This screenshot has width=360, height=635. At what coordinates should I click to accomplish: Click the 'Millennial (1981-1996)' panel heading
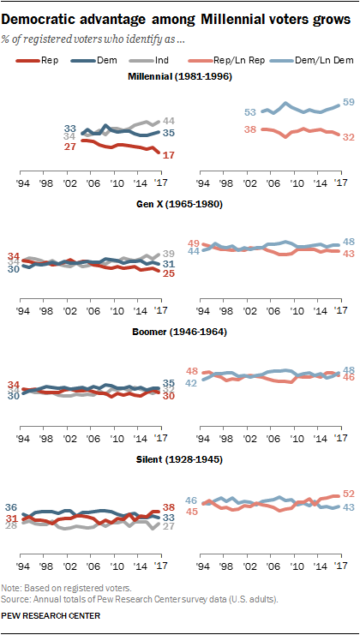pyautogui.click(x=179, y=78)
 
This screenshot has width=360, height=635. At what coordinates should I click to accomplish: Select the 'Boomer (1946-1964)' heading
pyautogui.click(x=179, y=335)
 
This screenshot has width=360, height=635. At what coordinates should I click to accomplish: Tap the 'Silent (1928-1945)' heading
pyautogui.click(x=179, y=460)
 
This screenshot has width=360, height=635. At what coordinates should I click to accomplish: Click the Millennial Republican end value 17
pyautogui.click(x=170, y=155)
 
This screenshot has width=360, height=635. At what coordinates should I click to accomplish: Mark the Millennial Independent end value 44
pyautogui.click(x=170, y=121)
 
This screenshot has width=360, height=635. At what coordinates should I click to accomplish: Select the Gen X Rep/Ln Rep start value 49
pyautogui.click(x=194, y=243)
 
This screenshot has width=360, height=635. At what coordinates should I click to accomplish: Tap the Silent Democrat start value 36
pyautogui.click(x=12, y=508)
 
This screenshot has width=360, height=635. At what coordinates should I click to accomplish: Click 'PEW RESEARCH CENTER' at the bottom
pyautogui.click(x=51, y=615)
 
